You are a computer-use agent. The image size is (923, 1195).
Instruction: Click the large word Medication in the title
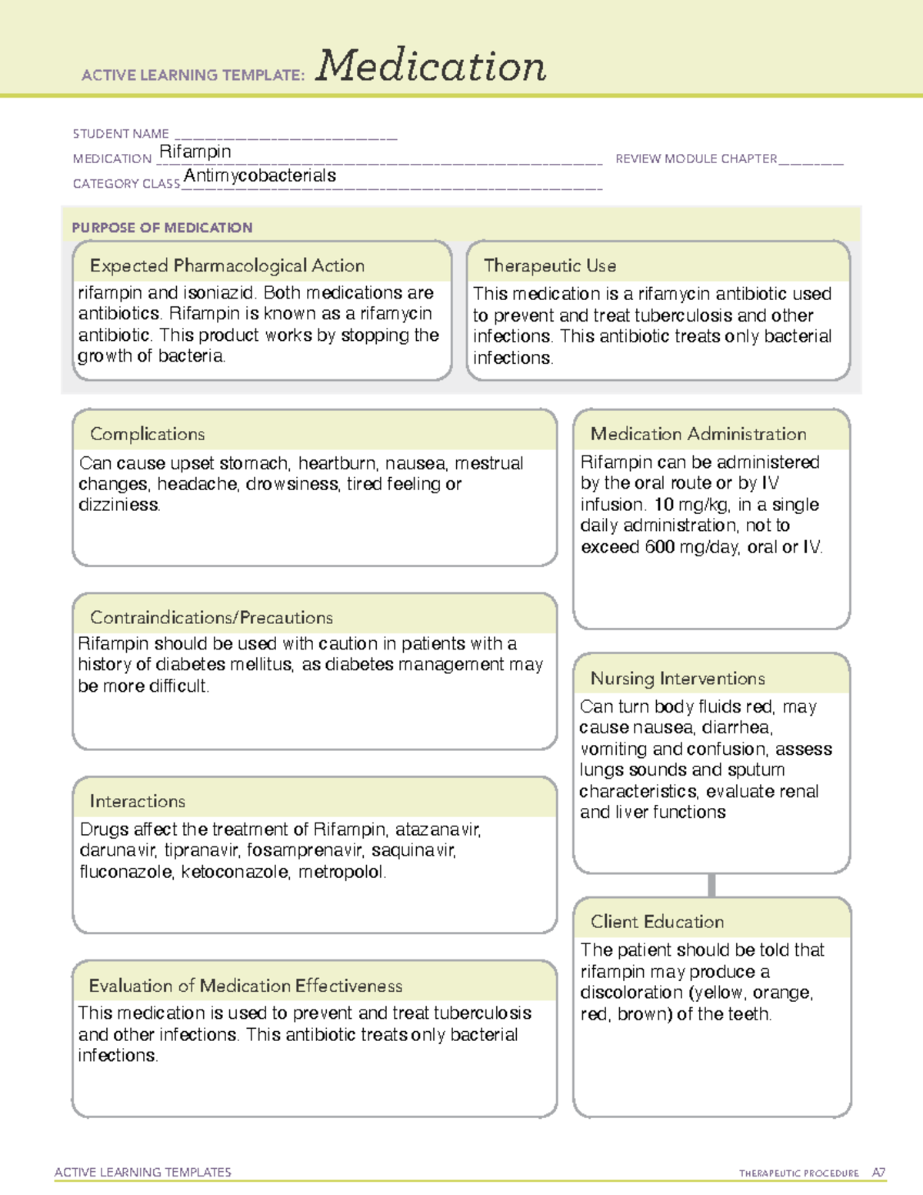(431, 66)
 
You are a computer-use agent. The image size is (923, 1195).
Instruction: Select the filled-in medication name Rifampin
(195, 152)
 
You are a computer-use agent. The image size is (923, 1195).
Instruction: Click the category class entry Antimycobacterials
(260, 175)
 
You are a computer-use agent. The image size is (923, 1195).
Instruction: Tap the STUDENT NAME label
(121, 134)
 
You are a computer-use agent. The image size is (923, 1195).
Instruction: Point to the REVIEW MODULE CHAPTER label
(696, 159)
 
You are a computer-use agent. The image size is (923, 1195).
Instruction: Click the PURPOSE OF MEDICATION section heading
(162, 228)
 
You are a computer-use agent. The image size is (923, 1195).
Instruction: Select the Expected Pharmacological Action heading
(227, 265)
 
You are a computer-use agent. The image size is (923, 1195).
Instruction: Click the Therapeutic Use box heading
(550, 265)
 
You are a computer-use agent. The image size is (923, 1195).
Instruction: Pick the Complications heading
(147, 434)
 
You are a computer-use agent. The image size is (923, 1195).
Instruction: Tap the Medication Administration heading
(698, 434)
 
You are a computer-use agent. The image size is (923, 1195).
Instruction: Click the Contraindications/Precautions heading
(212, 617)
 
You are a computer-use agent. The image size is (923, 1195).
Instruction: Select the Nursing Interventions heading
(678, 678)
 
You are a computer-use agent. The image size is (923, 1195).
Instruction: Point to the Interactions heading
(137, 801)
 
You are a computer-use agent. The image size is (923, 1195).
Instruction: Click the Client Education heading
(657, 922)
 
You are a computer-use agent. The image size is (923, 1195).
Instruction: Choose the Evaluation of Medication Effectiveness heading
(245, 986)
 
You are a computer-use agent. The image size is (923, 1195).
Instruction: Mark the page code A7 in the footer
(878, 1173)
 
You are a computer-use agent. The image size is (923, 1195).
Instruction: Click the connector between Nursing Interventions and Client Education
(711, 885)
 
